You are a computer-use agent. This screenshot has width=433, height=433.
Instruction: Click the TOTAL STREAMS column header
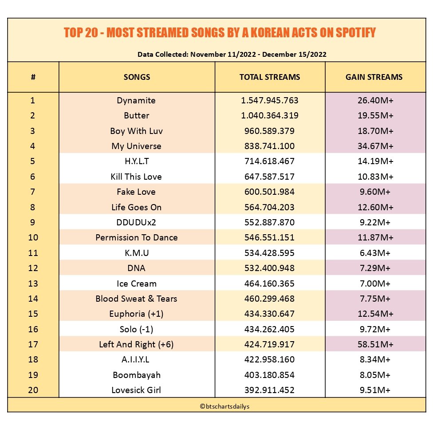coord(270,77)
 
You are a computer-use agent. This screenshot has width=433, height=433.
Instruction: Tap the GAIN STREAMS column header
coord(374,77)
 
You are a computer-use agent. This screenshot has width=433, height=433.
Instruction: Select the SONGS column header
coord(137,77)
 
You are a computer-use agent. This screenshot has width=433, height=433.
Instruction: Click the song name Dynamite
coord(136,101)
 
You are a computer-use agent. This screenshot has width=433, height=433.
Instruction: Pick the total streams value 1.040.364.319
coord(270,115)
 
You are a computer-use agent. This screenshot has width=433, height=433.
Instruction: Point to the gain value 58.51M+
coord(375,344)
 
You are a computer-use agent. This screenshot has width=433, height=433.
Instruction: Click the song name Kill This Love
coord(136,177)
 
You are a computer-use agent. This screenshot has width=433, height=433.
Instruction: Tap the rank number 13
coord(33,283)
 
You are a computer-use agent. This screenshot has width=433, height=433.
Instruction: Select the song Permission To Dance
coord(136,237)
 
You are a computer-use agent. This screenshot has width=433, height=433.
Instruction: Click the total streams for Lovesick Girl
coord(269,390)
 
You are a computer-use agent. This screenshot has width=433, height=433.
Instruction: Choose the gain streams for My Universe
coord(375,146)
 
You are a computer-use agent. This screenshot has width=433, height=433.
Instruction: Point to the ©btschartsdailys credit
coord(224,406)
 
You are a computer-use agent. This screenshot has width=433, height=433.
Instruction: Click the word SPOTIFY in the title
coord(356,32)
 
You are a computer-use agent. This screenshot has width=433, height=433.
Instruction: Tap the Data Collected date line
coord(232,54)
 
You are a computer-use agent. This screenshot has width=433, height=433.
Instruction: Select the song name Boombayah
coord(137,375)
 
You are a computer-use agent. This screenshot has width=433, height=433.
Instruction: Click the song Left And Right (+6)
coord(136,344)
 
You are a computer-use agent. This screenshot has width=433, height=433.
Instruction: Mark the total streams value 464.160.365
coord(269,283)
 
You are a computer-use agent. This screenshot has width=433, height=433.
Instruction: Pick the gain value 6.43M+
coord(375,253)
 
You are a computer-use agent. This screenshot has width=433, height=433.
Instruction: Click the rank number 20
coord(33,390)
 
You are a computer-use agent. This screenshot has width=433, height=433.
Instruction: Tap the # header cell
coord(33,77)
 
